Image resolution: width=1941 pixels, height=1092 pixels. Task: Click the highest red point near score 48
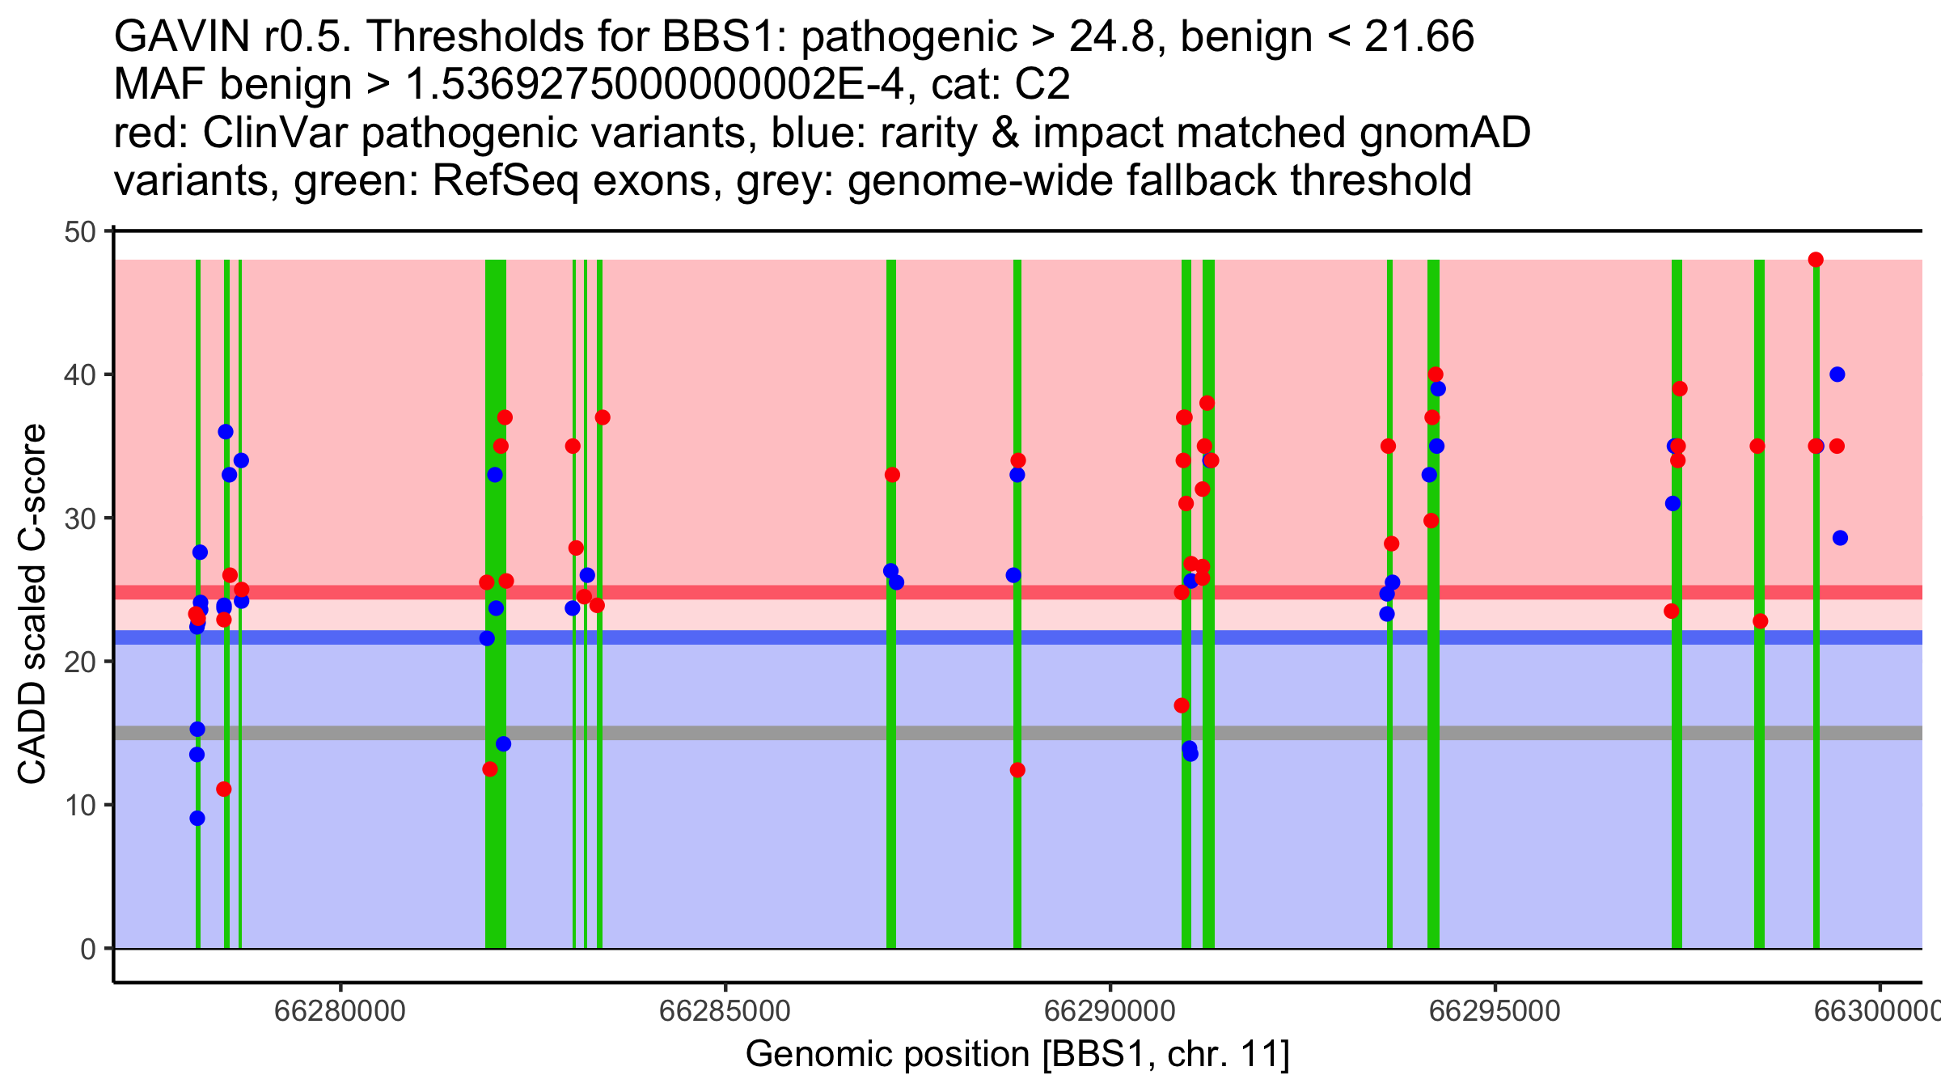tap(1816, 260)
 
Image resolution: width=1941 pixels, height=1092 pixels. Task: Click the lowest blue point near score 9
tap(197, 818)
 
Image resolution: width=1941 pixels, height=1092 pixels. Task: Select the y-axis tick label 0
tap(87, 949)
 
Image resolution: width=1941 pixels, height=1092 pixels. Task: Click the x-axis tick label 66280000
tap(340, 1011)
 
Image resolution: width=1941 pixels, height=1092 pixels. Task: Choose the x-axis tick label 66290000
tap(1110, 1011)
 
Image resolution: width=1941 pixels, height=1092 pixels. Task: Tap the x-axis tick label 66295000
tap(1495, 1011)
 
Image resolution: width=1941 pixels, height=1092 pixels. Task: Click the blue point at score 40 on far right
tap(1837, 375)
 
